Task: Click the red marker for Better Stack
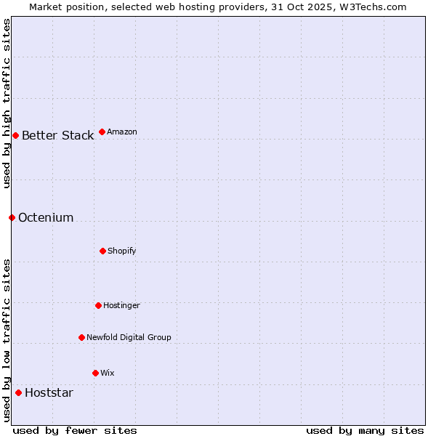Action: click(15, 135)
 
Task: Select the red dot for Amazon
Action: click(102, 132)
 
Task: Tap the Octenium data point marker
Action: click(12, 217)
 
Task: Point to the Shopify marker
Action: click(102, 251)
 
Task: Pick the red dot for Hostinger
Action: click(98, 305)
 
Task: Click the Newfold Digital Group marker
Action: click(81, 337)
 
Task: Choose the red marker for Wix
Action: click(95, 373)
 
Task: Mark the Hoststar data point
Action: click(18, 392)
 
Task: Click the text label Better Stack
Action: click(57, 135)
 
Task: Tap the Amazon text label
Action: click(122, 132)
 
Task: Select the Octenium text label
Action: click(46, 217)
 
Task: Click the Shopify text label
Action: click(122, 251)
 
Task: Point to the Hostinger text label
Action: click(121, 305)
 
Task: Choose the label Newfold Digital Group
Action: click(129, 337)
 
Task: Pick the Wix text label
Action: click(108, 373)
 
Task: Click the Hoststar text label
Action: click(49, 392)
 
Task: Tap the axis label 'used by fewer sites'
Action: click(75, 430)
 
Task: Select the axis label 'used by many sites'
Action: click(365, 430)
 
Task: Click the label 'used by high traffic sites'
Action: click(7, 103)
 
